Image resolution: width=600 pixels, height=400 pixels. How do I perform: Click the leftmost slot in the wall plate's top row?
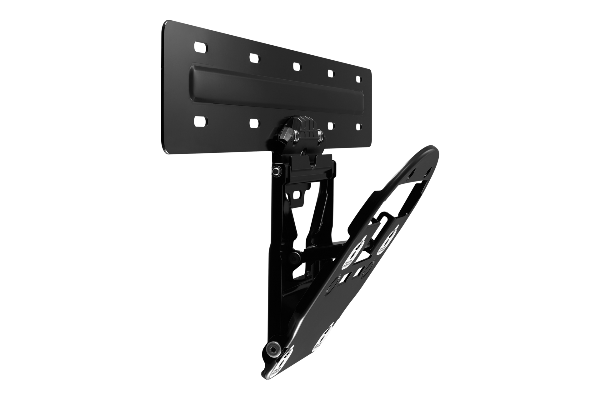tap(201, 48)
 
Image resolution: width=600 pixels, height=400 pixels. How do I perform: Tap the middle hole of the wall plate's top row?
tap(297, 66)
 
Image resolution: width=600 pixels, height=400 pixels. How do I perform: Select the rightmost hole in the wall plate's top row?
tap(358, 77)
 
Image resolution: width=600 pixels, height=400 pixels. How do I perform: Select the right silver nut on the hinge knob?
tap(320, 135)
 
